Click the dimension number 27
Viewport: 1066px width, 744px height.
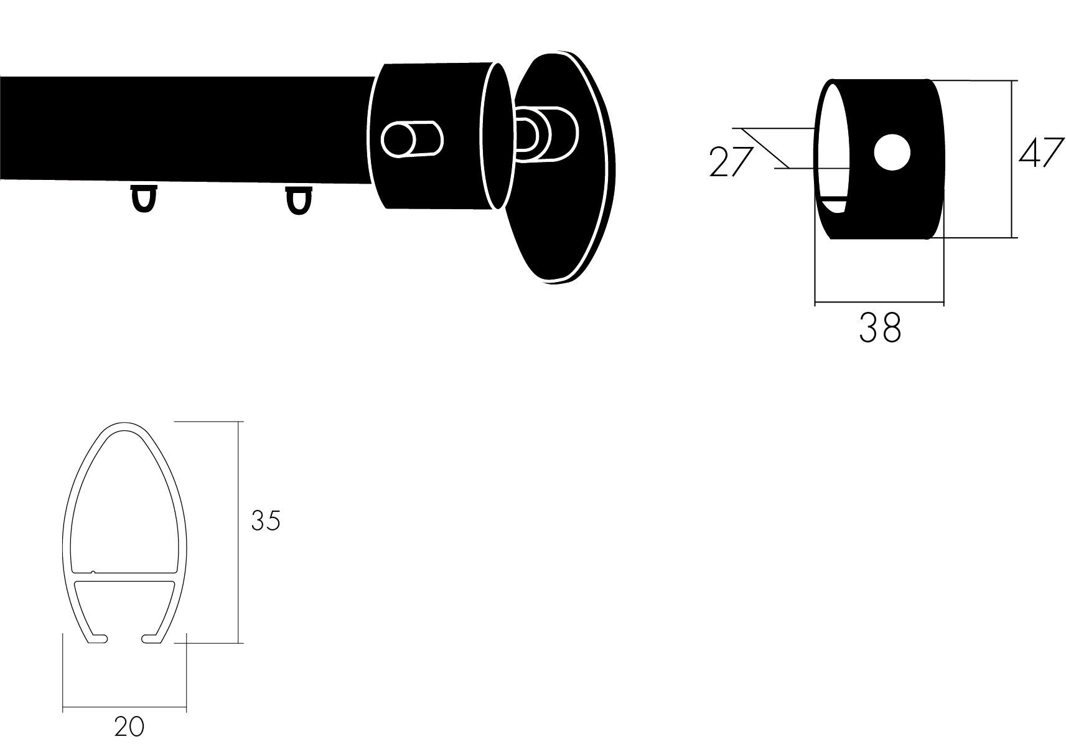731,162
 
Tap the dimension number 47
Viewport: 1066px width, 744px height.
1041,153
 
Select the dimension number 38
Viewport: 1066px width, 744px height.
880,327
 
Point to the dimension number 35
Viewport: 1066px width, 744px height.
266,520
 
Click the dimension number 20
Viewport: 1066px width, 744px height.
129,727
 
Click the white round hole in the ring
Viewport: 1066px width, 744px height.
892,153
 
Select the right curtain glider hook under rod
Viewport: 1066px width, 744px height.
299,200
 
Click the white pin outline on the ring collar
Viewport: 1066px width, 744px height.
412,138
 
